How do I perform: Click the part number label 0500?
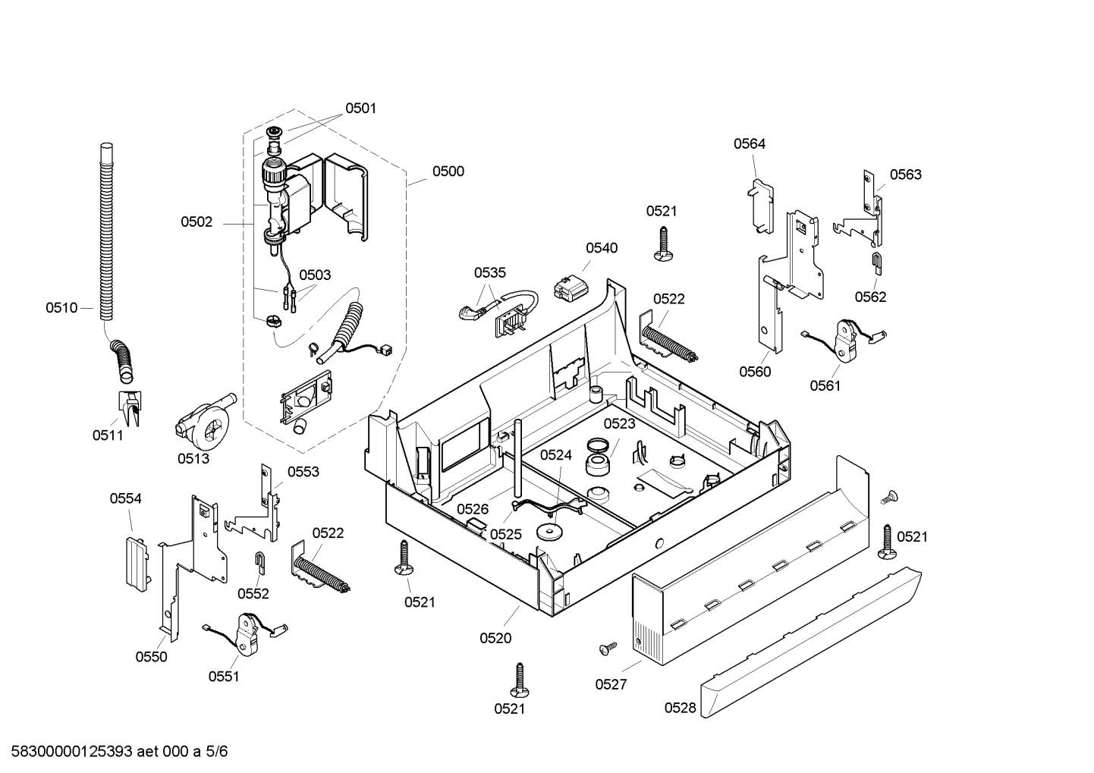tap(448, 171)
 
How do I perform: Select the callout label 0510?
tap(61, 308)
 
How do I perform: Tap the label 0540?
tap(602, 248)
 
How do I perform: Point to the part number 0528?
tap(680, 708)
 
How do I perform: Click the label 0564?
tap(750, 143)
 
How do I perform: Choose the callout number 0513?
tap(193, 458)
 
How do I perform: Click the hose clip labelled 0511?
tap(130, 407)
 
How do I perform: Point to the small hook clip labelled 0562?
tap(878, 262)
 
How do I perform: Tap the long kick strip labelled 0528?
tap(811, 642)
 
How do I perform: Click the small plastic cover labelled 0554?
tap(137, 564)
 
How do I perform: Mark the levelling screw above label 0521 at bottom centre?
tap(520, 680)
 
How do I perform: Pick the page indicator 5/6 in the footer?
tap(217, 752)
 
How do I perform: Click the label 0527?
tap(611, 684)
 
